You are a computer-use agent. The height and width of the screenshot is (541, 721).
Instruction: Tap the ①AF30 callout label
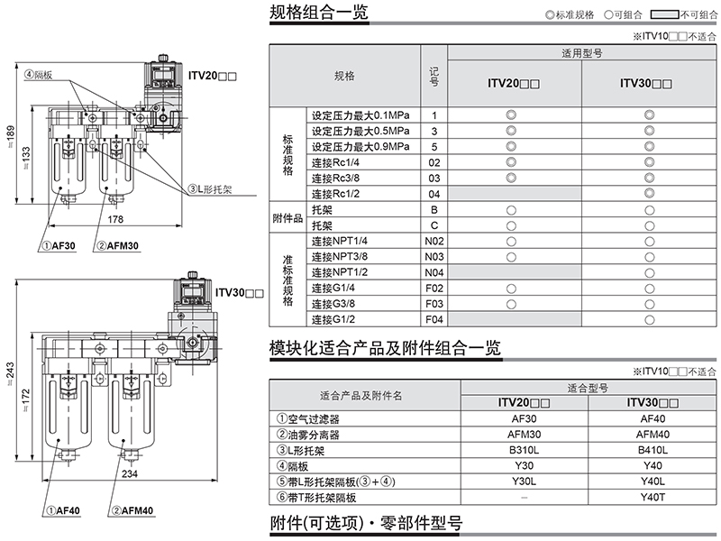click(60, 244)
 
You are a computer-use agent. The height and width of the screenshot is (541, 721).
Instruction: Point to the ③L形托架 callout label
click(211, 190)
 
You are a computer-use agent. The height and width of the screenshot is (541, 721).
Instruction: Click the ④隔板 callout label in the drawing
click(39, 75)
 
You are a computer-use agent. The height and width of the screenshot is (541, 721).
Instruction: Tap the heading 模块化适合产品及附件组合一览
click(385, 348)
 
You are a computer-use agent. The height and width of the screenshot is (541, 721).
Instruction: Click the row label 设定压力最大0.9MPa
click(360, 147)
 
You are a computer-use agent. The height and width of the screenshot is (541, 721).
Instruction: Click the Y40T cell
click(652, 498)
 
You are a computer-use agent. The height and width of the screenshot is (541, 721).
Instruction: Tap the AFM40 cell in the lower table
click(652, 434)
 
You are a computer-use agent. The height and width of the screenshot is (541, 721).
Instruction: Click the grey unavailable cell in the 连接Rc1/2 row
click(512, 194)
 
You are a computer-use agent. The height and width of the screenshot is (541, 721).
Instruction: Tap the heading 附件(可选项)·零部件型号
click(366, 524)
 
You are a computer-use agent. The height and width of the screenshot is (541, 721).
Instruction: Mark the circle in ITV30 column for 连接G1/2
click(649, 319)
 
